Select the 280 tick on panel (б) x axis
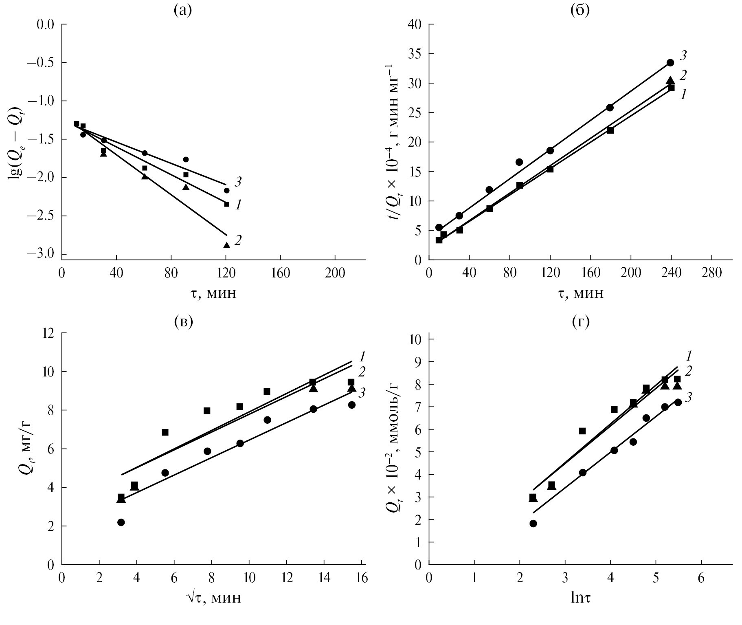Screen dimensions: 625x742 click(711, 273)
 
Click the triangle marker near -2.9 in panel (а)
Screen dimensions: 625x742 click(227, 245)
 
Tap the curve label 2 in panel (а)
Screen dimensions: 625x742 click(238, 240)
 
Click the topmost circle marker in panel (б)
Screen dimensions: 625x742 click(670, 63)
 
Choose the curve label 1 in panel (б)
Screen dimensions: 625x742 click(684, 95)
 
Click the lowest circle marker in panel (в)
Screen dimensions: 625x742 click(121, 522)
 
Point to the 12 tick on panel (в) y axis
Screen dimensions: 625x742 click(48, 333)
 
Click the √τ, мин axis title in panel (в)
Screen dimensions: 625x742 click(213, 598)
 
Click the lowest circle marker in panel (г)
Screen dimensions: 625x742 click(533, 524)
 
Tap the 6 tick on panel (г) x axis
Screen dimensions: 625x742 click(701, 579)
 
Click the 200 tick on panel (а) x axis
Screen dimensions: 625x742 click(335, 273)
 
